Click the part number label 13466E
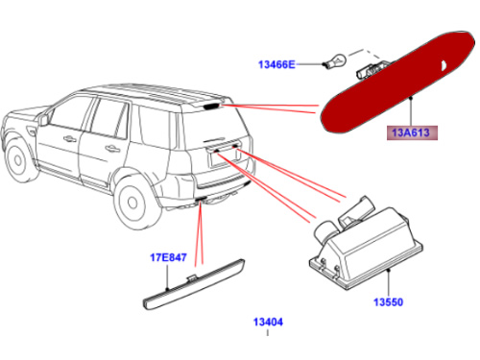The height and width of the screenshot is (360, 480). (x=275, y=64)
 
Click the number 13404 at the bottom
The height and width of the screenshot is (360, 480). (x=268, y=322)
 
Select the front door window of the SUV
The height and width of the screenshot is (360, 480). (x=97, y=119)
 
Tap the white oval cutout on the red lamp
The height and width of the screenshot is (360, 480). (x=444, y=64)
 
